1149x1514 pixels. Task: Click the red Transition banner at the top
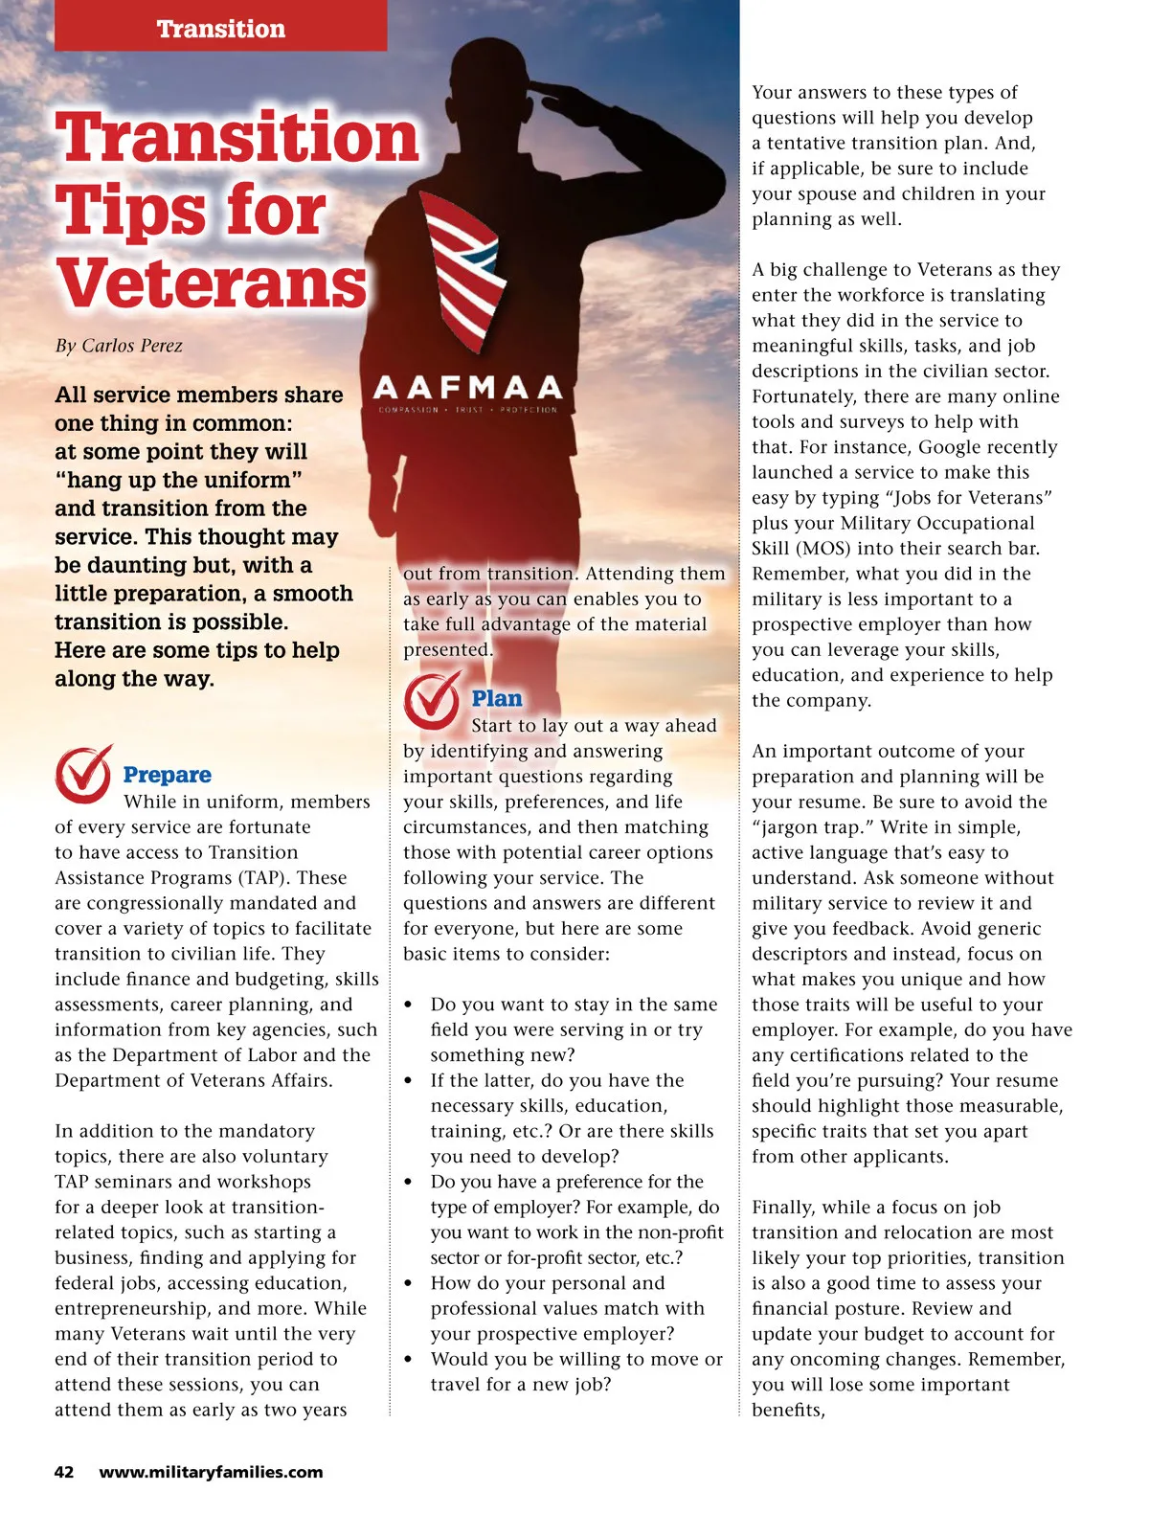(x=221, y=27)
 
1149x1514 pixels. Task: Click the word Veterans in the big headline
(x=212, y=282)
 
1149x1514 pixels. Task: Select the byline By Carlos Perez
(x=119, y=346)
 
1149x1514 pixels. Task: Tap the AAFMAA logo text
(x=467, y=388)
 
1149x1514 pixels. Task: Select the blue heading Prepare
(x=168, y=775)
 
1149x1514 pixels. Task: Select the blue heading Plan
(x=497, y=699)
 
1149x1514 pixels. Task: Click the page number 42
(x=64, y=1472)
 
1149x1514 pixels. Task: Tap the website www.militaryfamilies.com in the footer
(x=211, y=1472)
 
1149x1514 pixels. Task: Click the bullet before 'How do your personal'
(x=409, y=1283)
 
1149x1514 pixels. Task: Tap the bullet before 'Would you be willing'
(x=409, y=1359)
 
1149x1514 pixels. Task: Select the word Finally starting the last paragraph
(x=788, y=1207)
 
